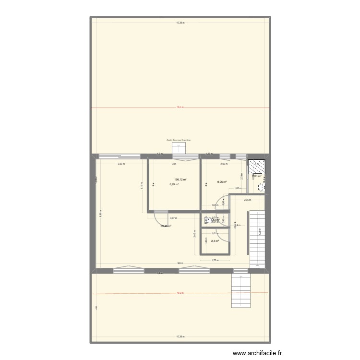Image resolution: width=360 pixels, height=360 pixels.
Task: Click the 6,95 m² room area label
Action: (221, 182)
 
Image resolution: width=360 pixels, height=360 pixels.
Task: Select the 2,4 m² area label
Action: (215, 241)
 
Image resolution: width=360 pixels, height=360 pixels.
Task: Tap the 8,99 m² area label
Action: (173, 184)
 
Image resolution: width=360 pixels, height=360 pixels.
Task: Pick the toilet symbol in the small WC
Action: (209, 221)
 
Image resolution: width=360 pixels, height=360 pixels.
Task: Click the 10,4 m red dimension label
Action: (180, 108)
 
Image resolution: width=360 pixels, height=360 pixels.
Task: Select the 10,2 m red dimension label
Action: (180, 292)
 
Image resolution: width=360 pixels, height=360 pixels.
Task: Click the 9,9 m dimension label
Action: (180, 263)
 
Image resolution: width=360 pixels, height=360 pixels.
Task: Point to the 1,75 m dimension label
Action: (215, 261)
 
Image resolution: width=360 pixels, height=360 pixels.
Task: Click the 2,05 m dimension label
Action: (247, 200)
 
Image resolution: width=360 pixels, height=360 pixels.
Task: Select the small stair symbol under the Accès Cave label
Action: (179, 146)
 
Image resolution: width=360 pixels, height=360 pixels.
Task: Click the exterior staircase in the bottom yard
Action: (241, 292)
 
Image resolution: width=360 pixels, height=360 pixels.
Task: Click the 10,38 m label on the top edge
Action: (180, 23)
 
